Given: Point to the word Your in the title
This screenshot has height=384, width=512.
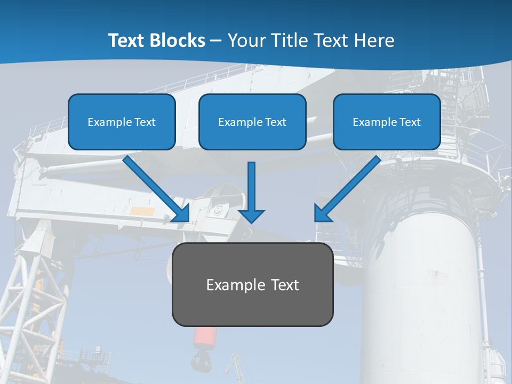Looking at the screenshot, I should click(246, 41).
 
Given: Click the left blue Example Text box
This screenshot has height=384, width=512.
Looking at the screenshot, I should click(122, 122).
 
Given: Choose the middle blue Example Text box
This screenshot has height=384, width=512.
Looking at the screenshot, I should click(252, 122).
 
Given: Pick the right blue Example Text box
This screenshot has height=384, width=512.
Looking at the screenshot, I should click(387, 122).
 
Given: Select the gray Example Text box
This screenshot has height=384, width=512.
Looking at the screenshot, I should click(252, 284).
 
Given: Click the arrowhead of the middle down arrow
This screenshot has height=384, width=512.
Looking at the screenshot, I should click(251, 215).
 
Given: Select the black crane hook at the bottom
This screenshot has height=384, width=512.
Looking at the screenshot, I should click(200, 363).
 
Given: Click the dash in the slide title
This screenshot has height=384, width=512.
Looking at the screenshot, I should click(216, 41).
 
